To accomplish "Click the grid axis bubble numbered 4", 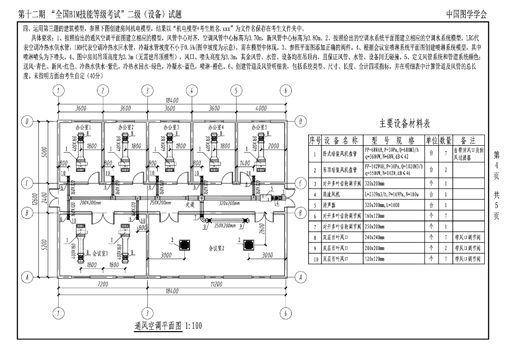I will [x=190, y=90].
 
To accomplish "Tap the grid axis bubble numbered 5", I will [x=236, y=90].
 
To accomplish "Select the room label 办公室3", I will [x=170, y=128].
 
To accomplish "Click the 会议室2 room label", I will [x=217, y=247].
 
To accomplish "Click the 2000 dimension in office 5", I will [x=273, y=146].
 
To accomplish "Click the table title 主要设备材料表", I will [x=405, y=123].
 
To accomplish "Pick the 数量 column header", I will [x=445, y=140].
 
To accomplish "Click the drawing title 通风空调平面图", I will [x=158, y=326].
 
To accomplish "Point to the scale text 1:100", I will [x=193, y=326].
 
